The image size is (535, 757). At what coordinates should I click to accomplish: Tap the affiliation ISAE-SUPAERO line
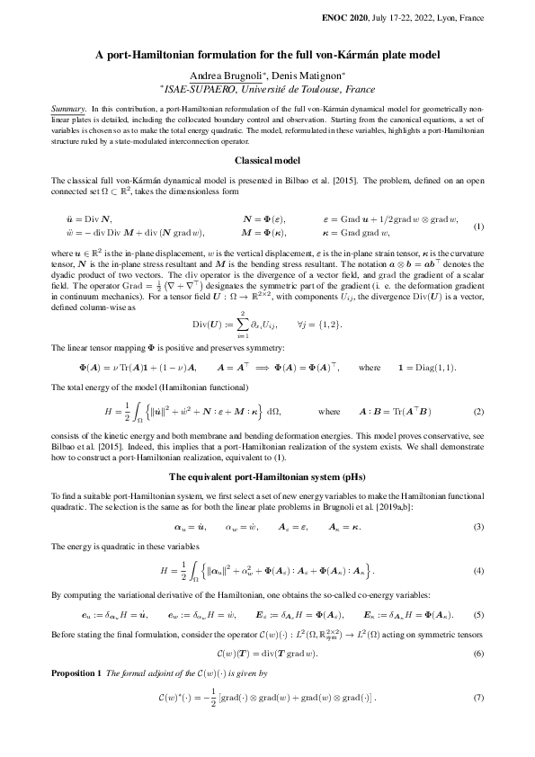point(267,88)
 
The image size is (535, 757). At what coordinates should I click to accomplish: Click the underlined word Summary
point(68,106)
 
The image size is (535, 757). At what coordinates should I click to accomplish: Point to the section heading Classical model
point(267,160)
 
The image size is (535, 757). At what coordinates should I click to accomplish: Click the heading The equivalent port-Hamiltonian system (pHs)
point(267,476)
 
